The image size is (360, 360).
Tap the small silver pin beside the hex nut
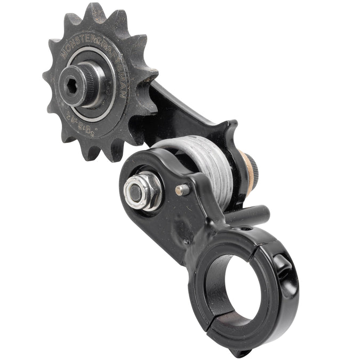pos(182,189)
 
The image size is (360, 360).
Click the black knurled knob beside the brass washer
pos(256,171)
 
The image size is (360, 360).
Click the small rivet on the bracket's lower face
pos(186,242)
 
